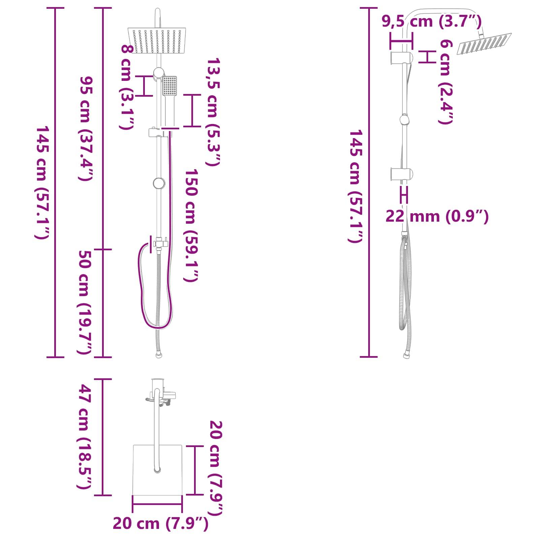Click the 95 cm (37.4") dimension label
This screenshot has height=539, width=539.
(x=86, y=128)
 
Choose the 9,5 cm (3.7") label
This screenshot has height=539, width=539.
(x=432, y=22)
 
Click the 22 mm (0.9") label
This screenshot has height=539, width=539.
(x=437, y=216)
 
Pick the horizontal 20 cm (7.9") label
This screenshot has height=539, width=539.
(x=160, y=523)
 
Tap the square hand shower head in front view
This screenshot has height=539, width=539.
(x=169, y=86)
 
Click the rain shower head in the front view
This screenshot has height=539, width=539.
(x=157, y=40)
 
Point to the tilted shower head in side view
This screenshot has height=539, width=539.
(x=484, y=43)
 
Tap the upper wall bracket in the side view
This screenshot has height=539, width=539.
(x=401, y=58)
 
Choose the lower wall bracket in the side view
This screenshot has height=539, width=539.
(x=401, y=173)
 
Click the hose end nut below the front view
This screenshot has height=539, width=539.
(x=159, y=355)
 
